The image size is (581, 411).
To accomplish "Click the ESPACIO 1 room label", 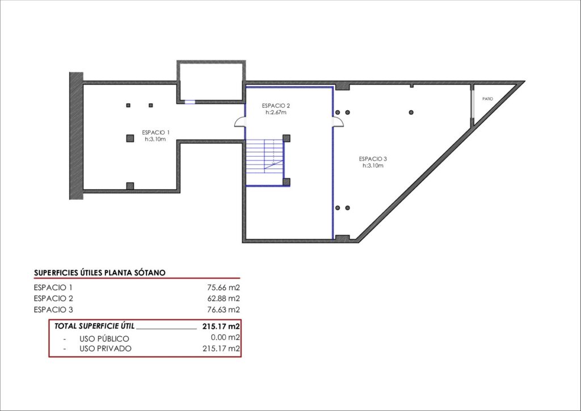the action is tap(155, 132).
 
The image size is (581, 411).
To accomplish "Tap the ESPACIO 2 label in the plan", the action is tap(276, 106).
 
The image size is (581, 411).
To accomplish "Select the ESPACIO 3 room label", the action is tap(373, 159).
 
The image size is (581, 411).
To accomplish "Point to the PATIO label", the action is tap(487, 99).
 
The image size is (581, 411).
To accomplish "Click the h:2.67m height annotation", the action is tap(276, 112).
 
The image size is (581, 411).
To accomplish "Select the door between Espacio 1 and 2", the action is tap(240, 122).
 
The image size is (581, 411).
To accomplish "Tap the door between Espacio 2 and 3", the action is tap(338, 122).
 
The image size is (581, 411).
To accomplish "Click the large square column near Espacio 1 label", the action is tap(130, 139).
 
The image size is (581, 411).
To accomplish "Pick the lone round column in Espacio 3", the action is tap(411, 112).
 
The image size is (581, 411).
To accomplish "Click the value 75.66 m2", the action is tap(224, 287).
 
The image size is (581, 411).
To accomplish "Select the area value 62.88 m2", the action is tap(224, 299).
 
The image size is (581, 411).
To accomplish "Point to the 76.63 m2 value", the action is tap(224, 309).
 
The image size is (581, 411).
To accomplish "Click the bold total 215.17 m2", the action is tap(221, 326).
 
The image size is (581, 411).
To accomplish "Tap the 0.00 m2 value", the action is tap(225, 337).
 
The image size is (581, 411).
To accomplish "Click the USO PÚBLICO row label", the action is tap(104, 339).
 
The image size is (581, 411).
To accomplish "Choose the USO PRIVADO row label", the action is tap(105, 349).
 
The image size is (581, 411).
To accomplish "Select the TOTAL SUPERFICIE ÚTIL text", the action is tap(95, 326).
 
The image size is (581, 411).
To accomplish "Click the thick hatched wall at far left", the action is tap(77, 136).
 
